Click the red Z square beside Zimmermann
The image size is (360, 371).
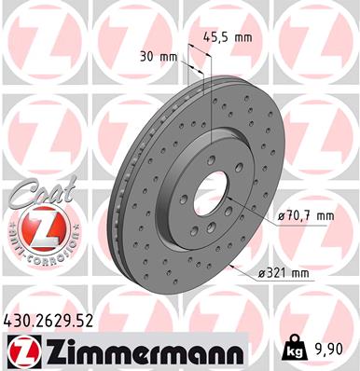point(20,350)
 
